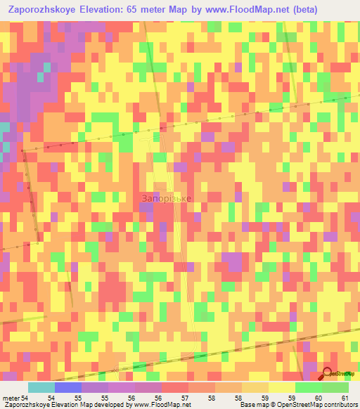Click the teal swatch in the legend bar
point(41,387)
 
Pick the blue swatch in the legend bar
point(68,387)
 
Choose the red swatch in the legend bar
point(174,387)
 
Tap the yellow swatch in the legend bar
point(281,387)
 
